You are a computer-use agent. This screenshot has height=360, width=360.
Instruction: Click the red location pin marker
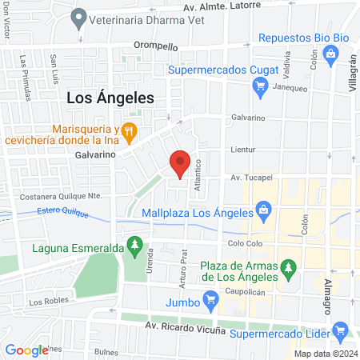point(181,162)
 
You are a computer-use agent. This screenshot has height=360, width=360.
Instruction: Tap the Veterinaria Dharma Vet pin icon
point(78,17)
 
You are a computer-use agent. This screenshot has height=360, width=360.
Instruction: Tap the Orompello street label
point(155,46)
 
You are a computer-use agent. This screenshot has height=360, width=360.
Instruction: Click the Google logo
point(26,349)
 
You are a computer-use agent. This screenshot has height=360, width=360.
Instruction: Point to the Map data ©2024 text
point(325,354)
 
